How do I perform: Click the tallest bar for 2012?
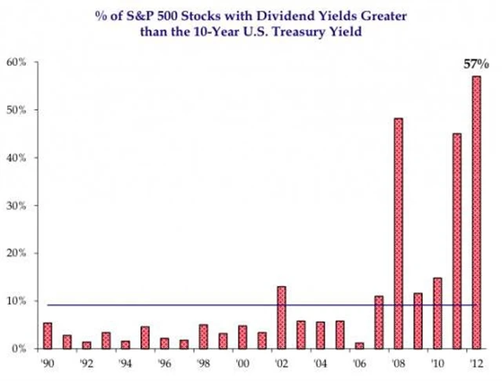tap(475, 212)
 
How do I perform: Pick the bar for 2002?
tap(281, 317)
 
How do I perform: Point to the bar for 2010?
tap(437, 314)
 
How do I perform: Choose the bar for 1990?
tap(48, 336)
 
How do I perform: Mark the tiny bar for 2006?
tap(358, 346)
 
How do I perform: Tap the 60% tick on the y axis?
tap(17, 62)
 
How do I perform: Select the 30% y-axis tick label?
tap(17, 205)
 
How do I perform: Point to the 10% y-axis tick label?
tap(17, 301)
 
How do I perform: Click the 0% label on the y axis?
tap(19, 349)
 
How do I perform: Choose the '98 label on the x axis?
tap(202, 364)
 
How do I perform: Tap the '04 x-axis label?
tap(319, 364)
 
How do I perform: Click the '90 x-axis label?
tap(47, 364)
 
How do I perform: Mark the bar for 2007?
tap(378, 322)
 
